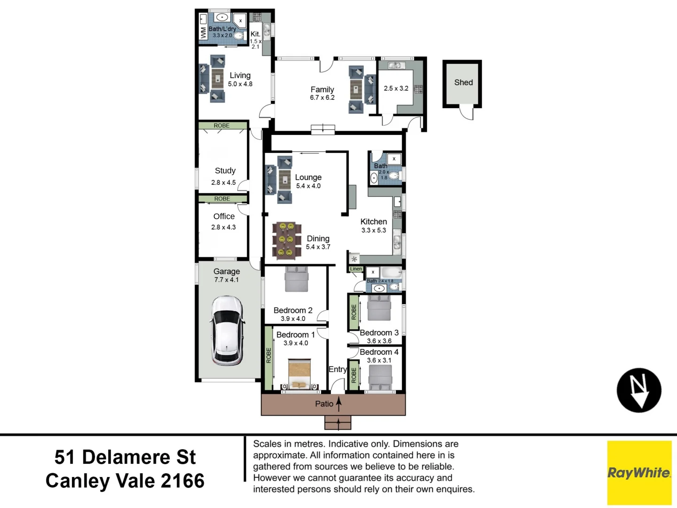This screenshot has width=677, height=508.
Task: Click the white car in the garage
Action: pos(228,330)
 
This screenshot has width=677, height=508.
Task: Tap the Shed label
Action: pos(463,82)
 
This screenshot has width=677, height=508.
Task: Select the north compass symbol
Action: pos(638,390)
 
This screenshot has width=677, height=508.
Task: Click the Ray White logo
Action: pos(639,472)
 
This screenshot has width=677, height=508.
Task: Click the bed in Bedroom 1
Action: pos(299,374)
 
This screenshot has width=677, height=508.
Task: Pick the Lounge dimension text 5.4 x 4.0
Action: pos(308,186)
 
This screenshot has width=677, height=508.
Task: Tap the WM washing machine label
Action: pos(203,32)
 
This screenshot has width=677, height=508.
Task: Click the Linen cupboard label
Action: pos(356,269)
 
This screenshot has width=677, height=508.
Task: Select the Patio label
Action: pos(324,404)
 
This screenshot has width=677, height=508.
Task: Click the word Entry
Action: pos(337,369)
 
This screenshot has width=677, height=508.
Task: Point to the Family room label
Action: pos(322,89)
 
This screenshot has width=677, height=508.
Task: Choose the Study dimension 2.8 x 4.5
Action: pos(223,183)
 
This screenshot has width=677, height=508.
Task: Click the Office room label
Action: pos(224,216)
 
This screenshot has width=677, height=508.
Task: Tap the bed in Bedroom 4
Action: pos(380,377)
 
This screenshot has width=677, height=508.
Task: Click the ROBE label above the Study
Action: pos(221,126)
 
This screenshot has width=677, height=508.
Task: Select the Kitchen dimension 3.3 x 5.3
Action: pos(373,230)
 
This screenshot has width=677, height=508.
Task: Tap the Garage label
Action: pos(227,271)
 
